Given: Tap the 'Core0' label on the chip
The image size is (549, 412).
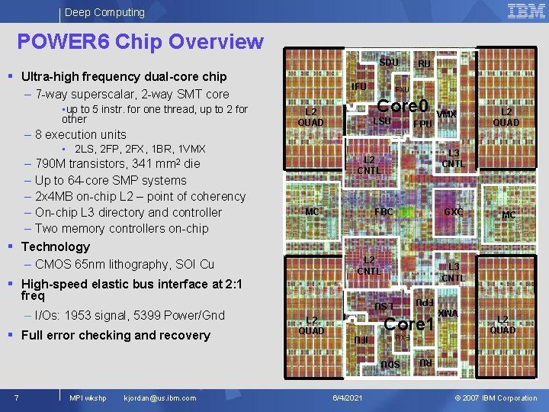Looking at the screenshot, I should click(403, 105).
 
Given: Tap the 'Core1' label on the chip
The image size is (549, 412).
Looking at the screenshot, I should click(409, 323).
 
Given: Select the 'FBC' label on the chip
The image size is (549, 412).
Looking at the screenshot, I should click(384, 211).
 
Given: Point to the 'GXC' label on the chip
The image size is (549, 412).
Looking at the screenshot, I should click(454, 211).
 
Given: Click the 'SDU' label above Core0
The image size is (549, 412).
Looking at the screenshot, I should click(389, 62).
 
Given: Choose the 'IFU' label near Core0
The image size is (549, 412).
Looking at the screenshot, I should click(358, 87).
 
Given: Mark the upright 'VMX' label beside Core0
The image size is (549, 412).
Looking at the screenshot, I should click(447, 114).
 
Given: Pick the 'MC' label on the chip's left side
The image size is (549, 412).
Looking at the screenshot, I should click(312, 211).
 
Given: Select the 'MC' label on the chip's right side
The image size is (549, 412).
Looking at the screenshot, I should click(509, 215).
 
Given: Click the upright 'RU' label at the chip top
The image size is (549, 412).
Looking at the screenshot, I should click(425, 64).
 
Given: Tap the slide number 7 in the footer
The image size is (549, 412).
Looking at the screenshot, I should click(16, 398).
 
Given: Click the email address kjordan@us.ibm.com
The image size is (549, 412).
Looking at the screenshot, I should click(159, 398).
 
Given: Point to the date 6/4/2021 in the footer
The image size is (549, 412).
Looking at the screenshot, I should click(348, 398).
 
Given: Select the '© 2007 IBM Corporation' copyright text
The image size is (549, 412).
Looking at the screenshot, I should click(496, 398).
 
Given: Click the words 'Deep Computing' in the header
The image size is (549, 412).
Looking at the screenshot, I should click(104, 12).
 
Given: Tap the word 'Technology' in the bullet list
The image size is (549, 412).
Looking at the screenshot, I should click(56, 246).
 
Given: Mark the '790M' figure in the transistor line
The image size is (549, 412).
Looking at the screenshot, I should click(51, 164).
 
